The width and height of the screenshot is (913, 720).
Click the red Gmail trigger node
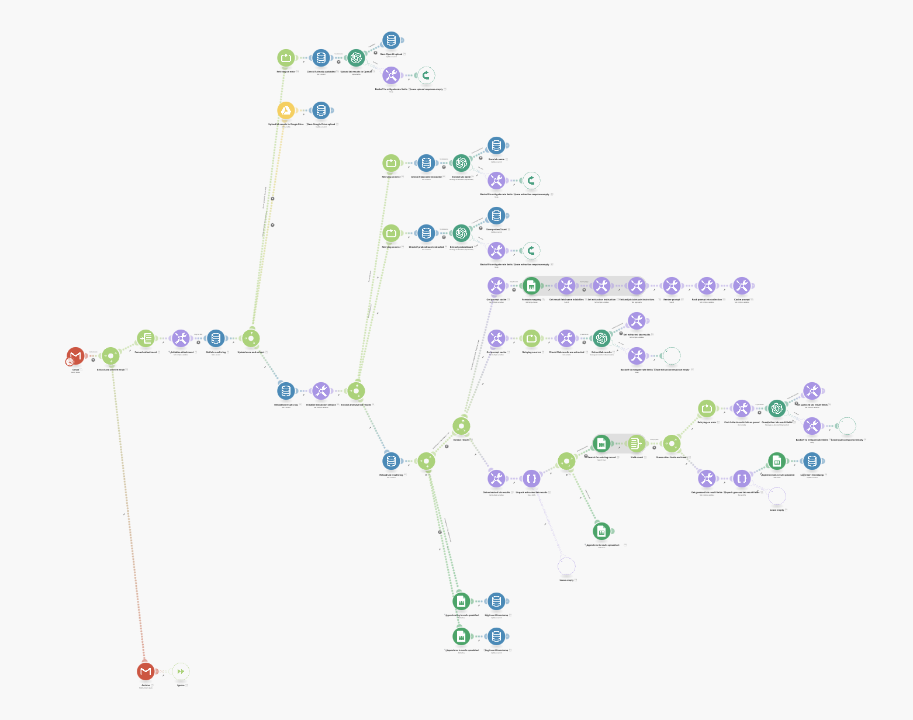pyautogui.click(x=75, y=356)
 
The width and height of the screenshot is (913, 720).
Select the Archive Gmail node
pyautogui.click(x=146, y=671)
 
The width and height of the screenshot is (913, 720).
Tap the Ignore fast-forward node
pyautogui.click(x=181, y=671)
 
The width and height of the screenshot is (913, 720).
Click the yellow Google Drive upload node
pyautogui.click(x=286, y=110)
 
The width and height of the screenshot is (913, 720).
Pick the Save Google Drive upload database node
pyautogui.click(x=321, y=110)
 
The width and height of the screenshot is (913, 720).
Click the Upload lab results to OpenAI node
pyautogui.click(x=356, y=58)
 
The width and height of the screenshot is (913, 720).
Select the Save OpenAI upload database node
pyautogui.click(x=391, y=40)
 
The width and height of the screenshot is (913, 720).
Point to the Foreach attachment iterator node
pyautogui.click(x=146, y=338)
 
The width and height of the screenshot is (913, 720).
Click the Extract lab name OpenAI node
pyautogui.click(x=461, y=163)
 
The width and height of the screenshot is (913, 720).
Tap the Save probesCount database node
pyautogui.click(x=496, y=216)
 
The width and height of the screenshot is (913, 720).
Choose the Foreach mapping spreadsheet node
pyautogui.click(x=531, y=286)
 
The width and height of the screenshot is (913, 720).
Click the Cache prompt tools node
pyautogui.click(x=742, y=286)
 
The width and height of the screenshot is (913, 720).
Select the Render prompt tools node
pyautogui.click(x=672, y=286)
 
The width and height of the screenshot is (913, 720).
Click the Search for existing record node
pyautogui.click(x=601, y=444)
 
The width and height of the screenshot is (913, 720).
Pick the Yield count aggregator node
pyautogui.click(x=637, y=444)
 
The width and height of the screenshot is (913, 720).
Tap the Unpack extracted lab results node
pyautogui.click(x=531, y=479)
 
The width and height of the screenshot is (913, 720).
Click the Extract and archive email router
pyautogui.click(x=110, y=356)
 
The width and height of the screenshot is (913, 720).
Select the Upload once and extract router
pyautogui.click(x=251, y=338)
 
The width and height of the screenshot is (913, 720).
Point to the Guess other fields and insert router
pyautogui.click(x=672, y=444)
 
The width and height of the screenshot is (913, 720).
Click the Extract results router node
pyautogui.click(x=461, y=426)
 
